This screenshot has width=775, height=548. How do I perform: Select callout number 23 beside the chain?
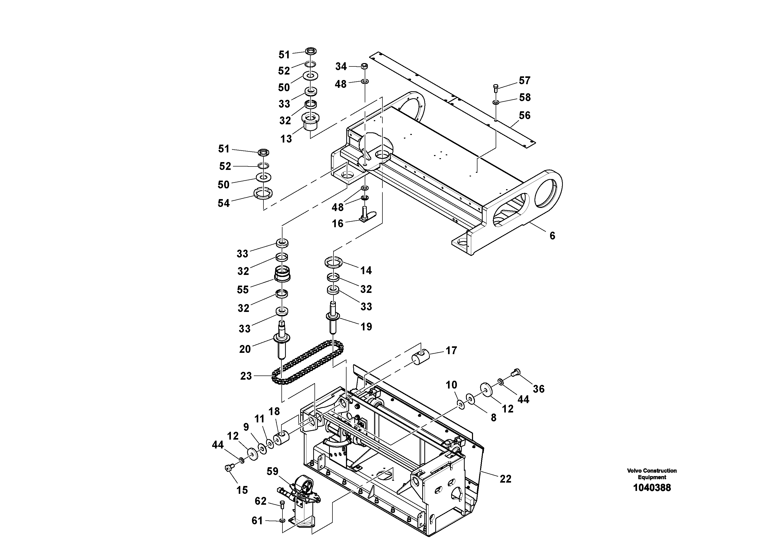tap(246, 376)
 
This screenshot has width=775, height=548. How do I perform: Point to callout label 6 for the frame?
tap(552, 236)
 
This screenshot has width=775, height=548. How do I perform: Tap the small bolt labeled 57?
tap(495, 88)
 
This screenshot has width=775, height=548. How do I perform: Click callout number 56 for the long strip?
tap(524, 115)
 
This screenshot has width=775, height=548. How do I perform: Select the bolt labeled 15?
tap(229, 467)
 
